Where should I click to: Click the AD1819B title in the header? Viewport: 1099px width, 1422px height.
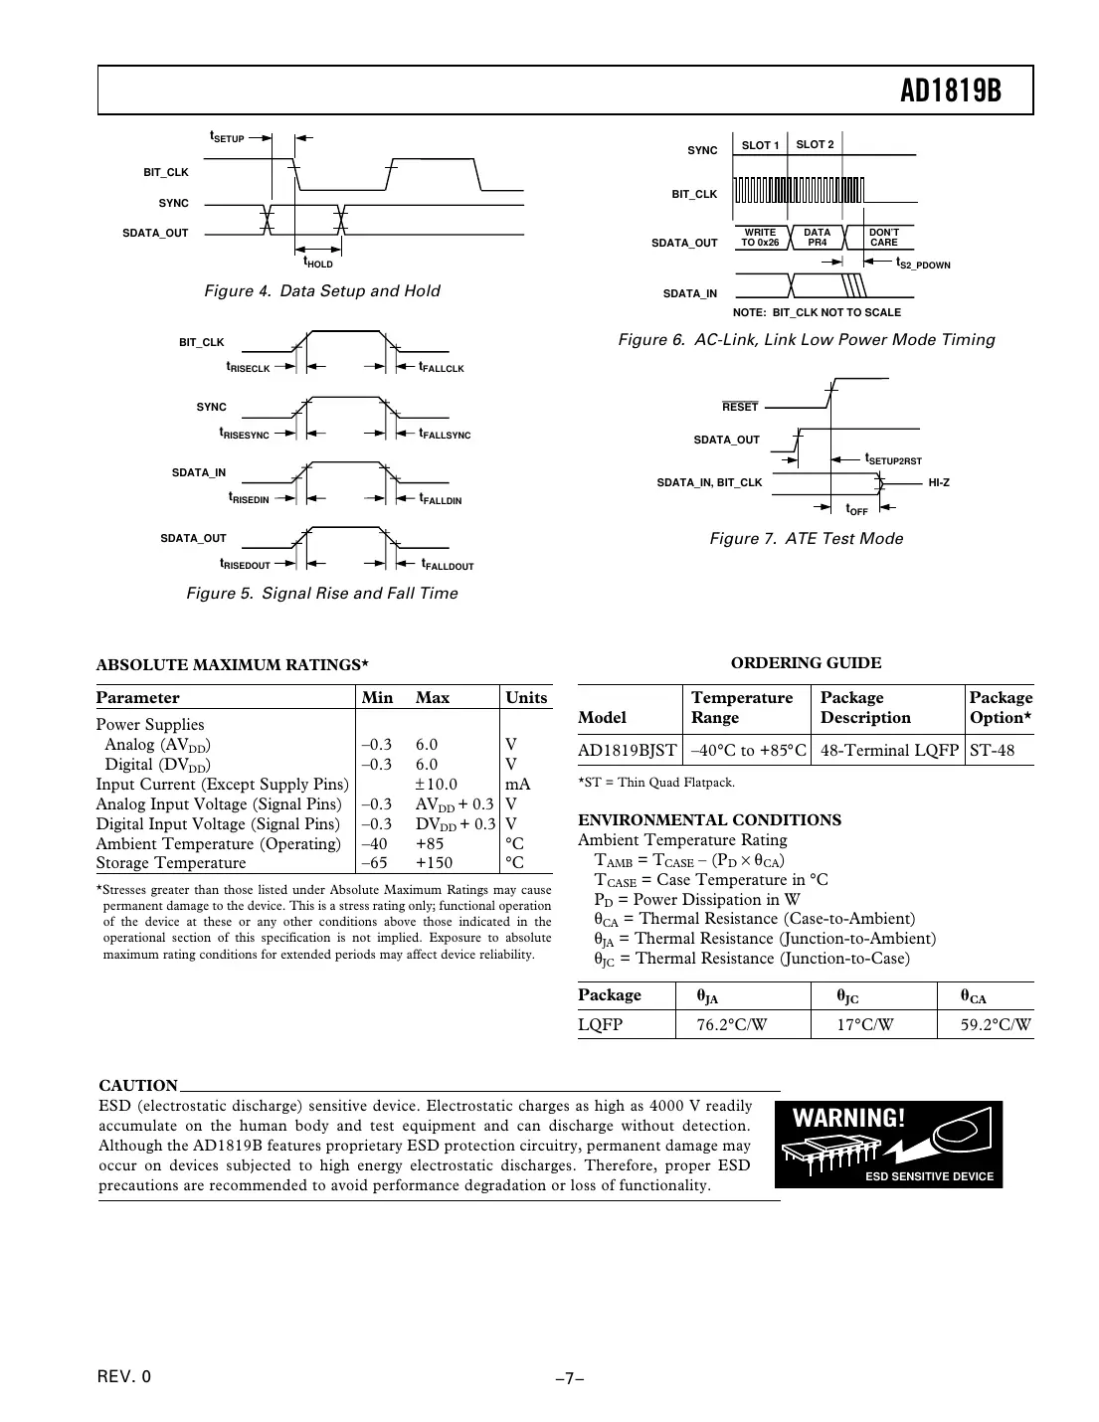pos(950,91)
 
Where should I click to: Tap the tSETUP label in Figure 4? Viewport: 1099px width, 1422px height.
pos(227,137)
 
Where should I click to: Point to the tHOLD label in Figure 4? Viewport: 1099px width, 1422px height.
pos(318,263)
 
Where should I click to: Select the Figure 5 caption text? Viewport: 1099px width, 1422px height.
pos(322,594)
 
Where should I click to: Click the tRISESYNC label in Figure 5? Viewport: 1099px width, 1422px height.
pos(245,434)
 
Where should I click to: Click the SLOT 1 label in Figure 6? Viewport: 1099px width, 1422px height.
pos(761,145)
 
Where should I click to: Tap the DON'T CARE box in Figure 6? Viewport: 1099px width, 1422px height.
pos(883,238)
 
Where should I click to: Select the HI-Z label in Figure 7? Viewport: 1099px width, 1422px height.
pos(938,482)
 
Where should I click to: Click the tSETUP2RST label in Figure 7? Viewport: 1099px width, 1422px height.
pos(893,459)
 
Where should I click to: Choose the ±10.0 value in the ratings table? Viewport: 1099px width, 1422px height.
pos(436,784)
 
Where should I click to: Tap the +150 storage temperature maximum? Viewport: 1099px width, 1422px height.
pos(434,863)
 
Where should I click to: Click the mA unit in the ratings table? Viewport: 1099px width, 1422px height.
pos(517,784)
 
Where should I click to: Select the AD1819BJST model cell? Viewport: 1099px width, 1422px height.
pos(628,750)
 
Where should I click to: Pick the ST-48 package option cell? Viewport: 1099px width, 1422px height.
pos(992,750)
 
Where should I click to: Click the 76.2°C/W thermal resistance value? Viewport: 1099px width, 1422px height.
pos(731,1024)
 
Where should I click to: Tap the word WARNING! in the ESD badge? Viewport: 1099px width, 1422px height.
pos(848,1118)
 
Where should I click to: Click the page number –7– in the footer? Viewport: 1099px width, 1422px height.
pos(569,1378)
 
